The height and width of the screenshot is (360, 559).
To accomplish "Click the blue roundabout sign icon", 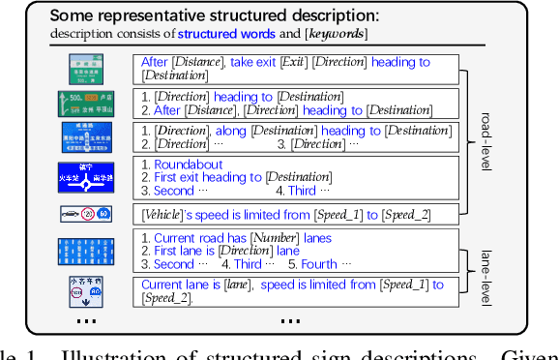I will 86,176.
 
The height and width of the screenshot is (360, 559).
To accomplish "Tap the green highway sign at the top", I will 86,68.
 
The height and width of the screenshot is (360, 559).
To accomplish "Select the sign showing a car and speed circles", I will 86,213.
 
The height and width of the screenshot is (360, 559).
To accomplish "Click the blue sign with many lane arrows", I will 86,251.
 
